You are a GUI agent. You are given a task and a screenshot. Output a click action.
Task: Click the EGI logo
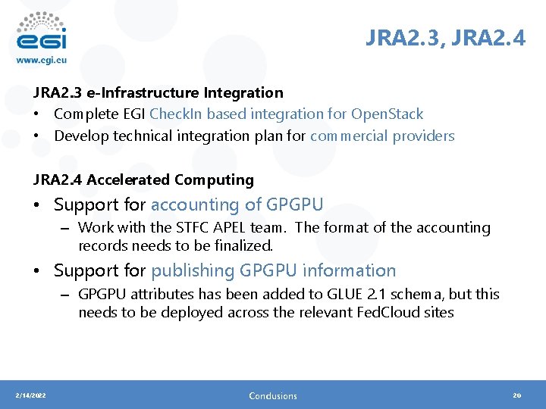pyautogui.click(x=42, y=30)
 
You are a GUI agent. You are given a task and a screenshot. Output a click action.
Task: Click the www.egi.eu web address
pyautogui.click(x=42, y=60)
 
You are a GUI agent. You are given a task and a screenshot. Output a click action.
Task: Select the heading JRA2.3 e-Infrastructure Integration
pyautogui.click(x=158, y=92)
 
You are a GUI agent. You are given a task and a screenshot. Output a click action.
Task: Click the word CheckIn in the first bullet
pyautogui.click(x=176, y=114)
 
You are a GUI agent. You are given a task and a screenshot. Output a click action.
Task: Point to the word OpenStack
pyautogui.click(x=387, y=114)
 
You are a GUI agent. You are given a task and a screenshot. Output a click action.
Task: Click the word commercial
pyautogui.click(x=349, y=136)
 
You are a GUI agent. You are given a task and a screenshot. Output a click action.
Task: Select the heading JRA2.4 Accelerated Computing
pyautogui.click(x=143, y=180)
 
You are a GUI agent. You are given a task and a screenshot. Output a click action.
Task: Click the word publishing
pyautogui.click(x=193, y=270)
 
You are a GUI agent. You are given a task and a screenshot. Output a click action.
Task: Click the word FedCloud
pyautogui.click(x=391, y=313)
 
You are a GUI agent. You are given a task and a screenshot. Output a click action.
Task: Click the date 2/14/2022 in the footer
pyautogui.click(x=31, y=395)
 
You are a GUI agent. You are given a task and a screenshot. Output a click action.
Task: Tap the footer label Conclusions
pyautogui.click(x=273, y=395)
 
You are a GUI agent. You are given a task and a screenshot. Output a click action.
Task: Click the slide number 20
pyautogui.click(x=518, y=395)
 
